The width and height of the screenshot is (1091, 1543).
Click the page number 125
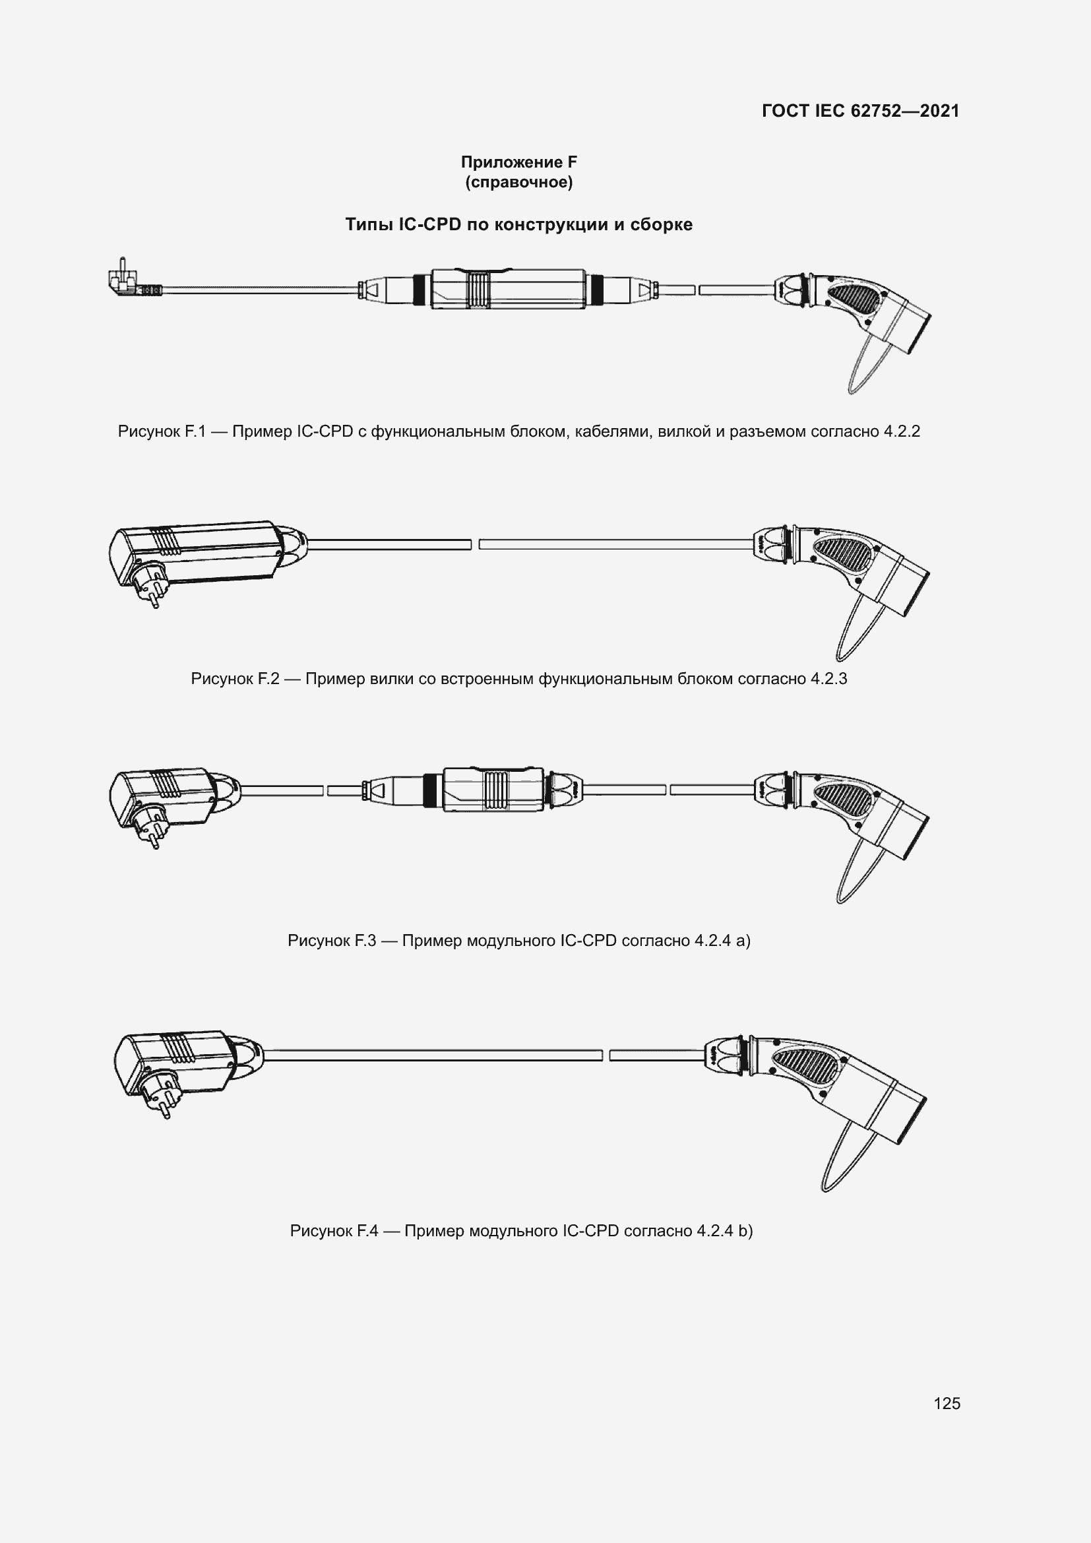tap(947, 1403)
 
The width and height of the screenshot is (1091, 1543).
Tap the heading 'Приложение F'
tap(518, 162)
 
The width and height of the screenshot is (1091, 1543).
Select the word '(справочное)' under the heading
tap(518, 183)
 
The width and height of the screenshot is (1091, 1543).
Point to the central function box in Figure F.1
tap(507, 289)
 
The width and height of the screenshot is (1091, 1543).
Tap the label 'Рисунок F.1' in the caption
tap(161, 431)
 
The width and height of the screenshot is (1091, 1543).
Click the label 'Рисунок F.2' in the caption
tap(234, 679)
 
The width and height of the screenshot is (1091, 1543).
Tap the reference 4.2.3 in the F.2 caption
tap(828, 679)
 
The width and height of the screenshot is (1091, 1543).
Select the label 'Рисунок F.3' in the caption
tap(331, 940)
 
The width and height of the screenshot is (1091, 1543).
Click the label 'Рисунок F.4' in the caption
tap(334, 1230)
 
